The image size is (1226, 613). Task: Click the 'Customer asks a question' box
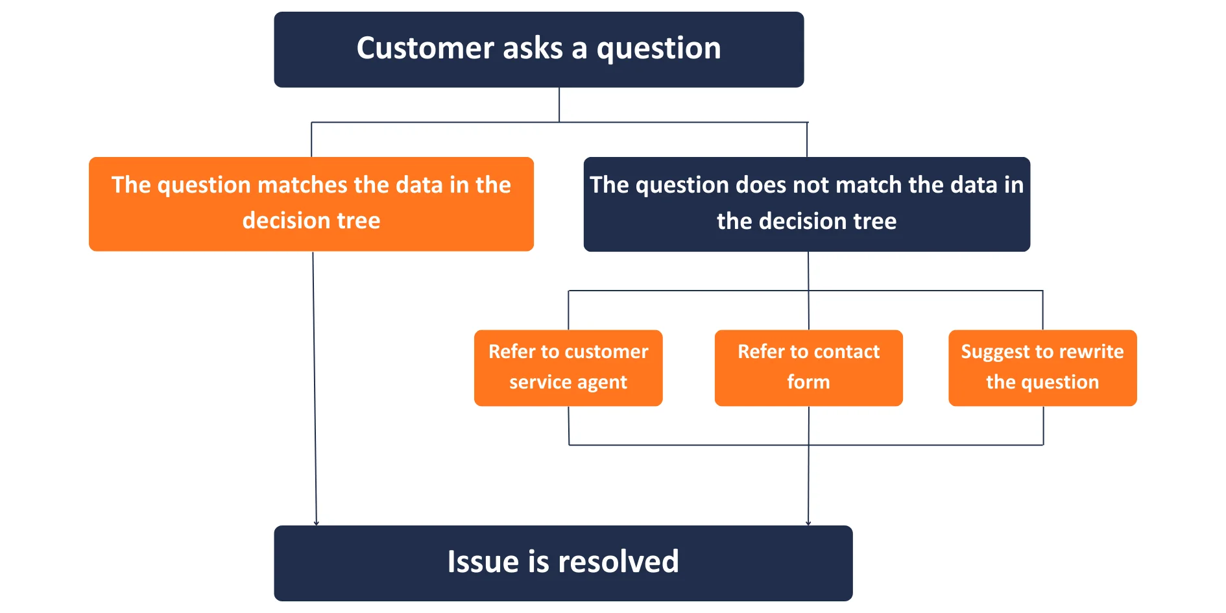[x=538, y=49]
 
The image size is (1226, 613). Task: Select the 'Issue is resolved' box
[x=562, y=562]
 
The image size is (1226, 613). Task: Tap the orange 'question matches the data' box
[x=311, y=204]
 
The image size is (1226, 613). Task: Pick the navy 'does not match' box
[x=806, y=204]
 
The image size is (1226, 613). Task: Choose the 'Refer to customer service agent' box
[x=568, y=368]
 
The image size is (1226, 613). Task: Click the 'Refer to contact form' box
[x=808, y=368]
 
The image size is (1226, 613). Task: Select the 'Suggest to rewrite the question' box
[x=1042, y=368]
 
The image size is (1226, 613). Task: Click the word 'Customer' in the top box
[x=425, y=49]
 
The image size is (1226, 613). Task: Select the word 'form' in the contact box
[x=808, y=382]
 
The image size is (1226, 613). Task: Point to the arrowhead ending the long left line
[x=316, y=522]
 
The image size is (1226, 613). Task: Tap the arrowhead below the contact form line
[x=808, y=522]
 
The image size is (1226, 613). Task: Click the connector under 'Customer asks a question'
[x=559, y=104]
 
